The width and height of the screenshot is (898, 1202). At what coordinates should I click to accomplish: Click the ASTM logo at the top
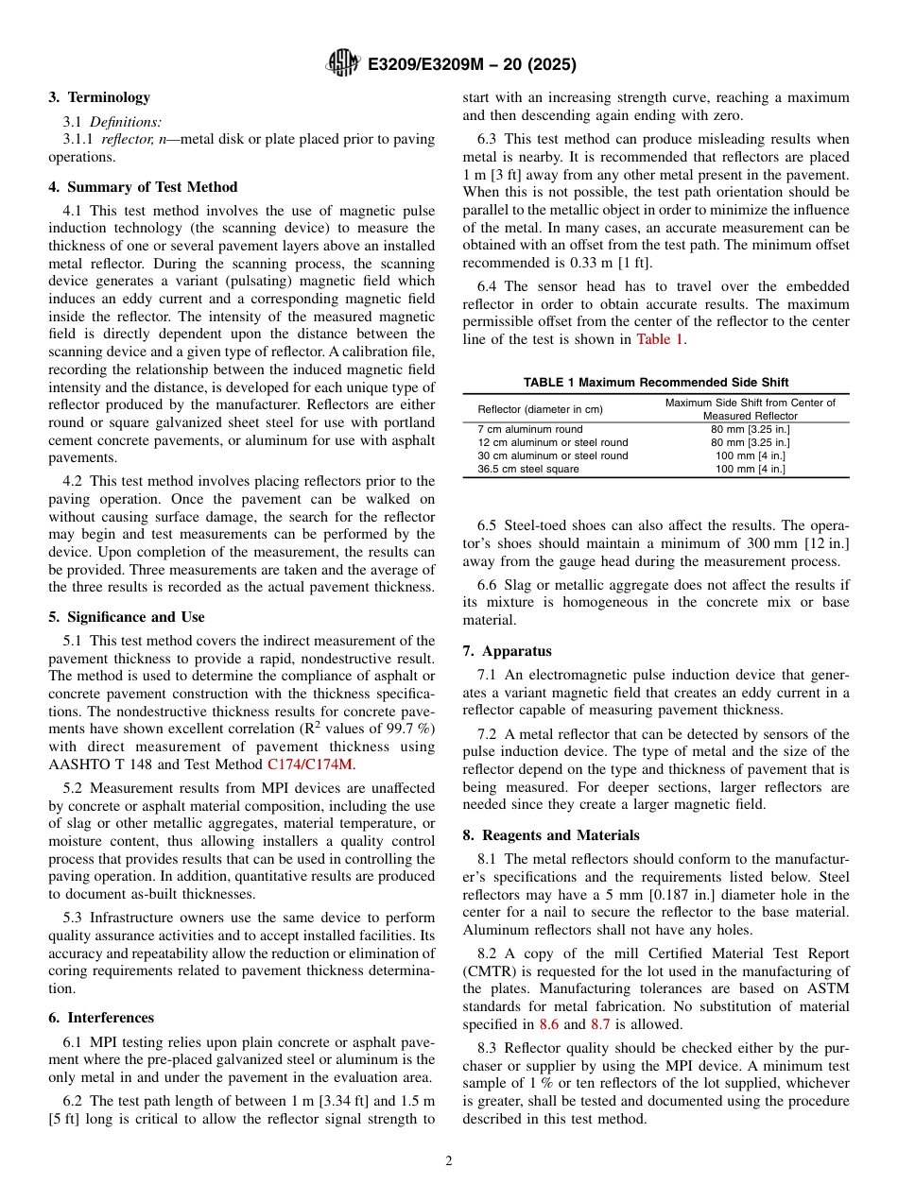342,63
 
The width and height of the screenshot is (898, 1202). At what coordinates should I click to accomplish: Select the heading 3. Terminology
99,97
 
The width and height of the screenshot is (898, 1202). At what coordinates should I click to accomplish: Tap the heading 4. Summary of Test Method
143,187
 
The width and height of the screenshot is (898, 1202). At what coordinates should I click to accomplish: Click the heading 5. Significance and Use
126,617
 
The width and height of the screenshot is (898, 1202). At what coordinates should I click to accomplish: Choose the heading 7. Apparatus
507,651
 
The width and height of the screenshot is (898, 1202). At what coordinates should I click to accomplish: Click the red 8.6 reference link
548,1023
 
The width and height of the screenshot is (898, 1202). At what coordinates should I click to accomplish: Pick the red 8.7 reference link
600,1023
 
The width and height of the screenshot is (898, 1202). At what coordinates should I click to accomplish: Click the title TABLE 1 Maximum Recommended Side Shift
655,382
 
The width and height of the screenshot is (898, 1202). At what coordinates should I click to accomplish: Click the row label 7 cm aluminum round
529,429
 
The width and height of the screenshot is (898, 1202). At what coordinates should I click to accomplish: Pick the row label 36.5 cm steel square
528,469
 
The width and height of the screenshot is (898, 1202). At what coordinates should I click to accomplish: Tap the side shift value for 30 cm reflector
750,455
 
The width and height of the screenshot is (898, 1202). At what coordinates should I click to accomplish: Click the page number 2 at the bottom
449,1161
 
